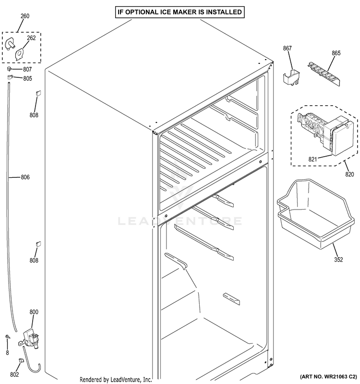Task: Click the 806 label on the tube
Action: click(25, 177)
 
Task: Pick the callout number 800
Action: click(34, 312)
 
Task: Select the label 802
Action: click(15, 374)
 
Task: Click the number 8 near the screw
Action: click(7, 353)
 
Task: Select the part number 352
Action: click(338, 260)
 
